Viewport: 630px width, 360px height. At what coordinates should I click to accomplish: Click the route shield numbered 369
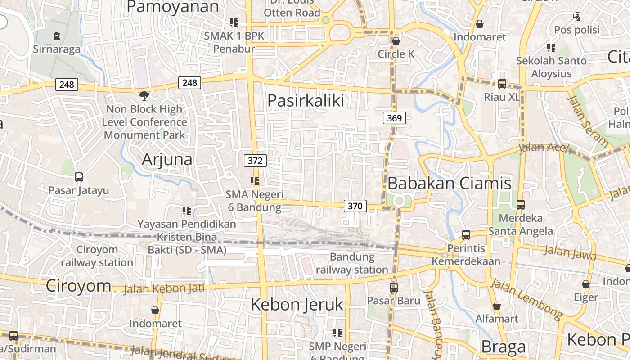395,118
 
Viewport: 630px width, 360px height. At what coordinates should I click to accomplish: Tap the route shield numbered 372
255,161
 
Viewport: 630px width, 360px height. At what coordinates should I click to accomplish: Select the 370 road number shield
355,206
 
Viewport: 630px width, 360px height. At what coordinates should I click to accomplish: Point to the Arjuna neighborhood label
167,159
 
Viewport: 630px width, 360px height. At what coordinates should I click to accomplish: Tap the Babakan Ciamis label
449,183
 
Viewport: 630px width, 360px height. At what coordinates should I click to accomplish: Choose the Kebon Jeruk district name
297,304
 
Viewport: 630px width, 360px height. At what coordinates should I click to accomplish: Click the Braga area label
504,346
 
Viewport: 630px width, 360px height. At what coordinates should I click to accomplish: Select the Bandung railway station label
352,263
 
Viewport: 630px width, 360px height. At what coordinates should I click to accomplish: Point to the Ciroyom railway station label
97,256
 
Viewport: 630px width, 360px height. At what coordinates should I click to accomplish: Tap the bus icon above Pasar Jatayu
79,177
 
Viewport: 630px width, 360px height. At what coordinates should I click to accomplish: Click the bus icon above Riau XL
502,84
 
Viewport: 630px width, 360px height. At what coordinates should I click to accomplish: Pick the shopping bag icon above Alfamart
497,306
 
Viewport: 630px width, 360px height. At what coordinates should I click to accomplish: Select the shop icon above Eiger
586,284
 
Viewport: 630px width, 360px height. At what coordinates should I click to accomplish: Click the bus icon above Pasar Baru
394,287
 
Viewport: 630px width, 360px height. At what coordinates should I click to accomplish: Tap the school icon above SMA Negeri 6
255,181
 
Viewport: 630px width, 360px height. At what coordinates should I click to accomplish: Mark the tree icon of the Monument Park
144,95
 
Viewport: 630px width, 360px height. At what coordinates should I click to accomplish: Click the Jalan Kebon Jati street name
164,288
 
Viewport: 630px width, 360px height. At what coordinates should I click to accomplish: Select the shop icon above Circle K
396,41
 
